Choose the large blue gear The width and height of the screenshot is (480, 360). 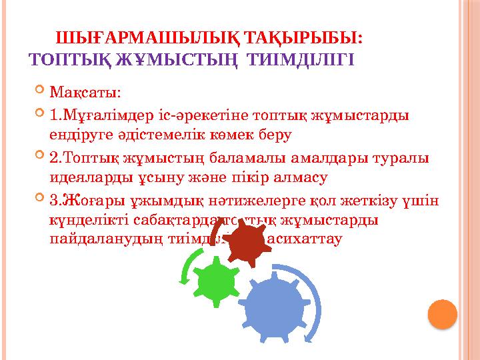(273, 311)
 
